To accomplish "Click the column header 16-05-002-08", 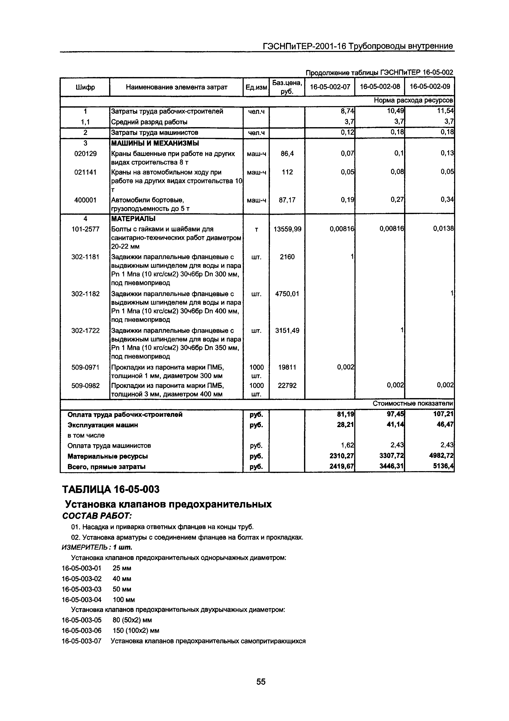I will (x=380, y=87).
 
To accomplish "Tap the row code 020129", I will (x=85, y=153).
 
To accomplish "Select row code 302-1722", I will (x=85, y=330).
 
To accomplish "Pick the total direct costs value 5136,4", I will (x=443, y=467).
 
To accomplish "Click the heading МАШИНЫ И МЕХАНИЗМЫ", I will (x=155, y=143).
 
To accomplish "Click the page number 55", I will (x=261, y=682).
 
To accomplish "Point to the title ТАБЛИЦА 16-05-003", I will (x=111, y=489).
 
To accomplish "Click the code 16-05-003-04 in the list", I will (x=82, y=600).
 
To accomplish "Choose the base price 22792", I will (x=287, y=385).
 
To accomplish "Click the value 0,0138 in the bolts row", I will (x=443, y=229).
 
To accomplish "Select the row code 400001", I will (x=85, y=200).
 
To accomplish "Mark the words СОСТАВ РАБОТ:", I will (x=97, y=516).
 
